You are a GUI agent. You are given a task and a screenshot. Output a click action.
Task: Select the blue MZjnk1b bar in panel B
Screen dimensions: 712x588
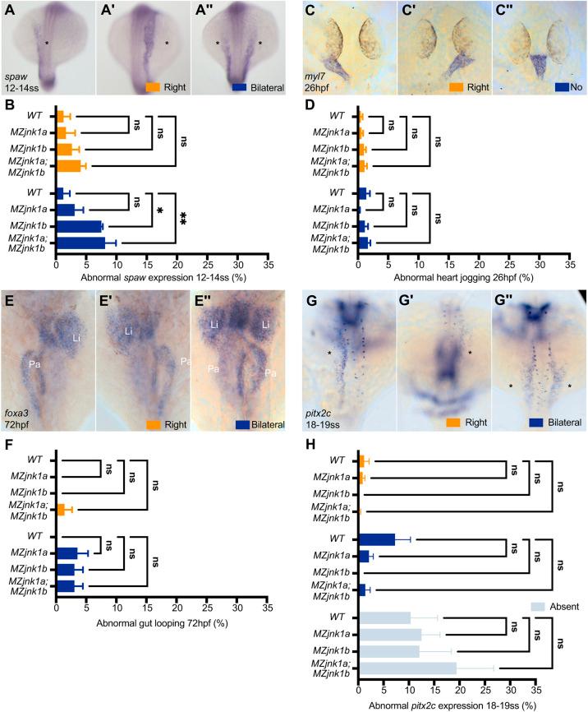pyautogui.click(x=79, y=226)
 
